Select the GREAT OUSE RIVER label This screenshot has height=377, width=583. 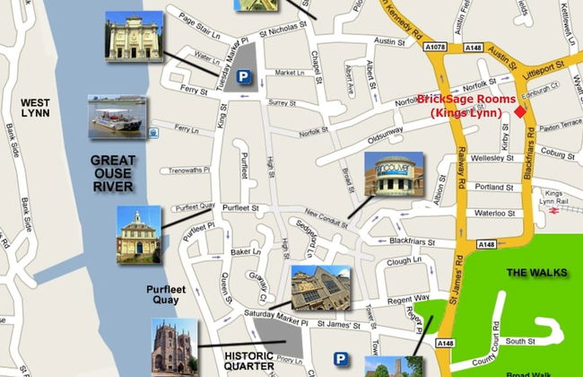pyautogui.click(x=112, y=172)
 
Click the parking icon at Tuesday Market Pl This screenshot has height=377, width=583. pyautogui.click(x=242, y=78)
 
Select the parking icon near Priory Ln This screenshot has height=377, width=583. pyautogui.click(x=341, y=359)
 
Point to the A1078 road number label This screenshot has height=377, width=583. pyautogui.click(x=437, y=47)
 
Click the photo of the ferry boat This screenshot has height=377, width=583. pyautogui.click(x=117, y=117)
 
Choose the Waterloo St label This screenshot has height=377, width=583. pyautogui.click(x=493, y=214)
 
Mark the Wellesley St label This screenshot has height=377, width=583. pyautogui.click(x=492, y=157)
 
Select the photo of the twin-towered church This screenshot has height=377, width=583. pyautogui.click(x=173, y=346)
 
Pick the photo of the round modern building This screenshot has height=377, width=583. pyautogui.click(x=394, y=174)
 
